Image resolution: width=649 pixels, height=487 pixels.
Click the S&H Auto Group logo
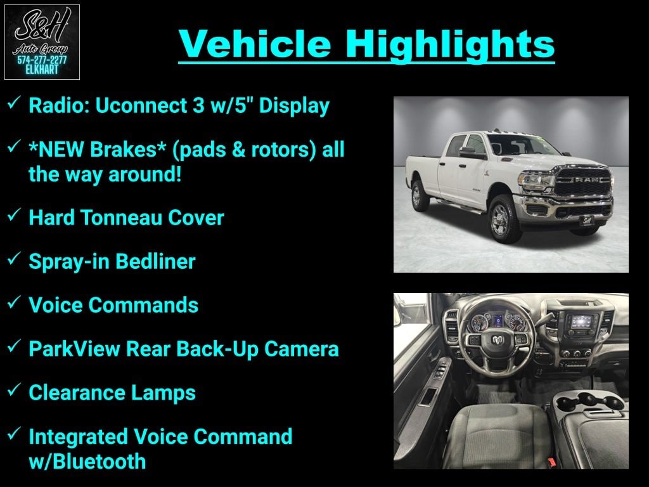[x=42, y=42]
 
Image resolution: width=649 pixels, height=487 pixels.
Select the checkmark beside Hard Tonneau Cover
[x=15, y=216]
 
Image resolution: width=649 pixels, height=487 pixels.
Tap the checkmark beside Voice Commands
[x=15, y=303]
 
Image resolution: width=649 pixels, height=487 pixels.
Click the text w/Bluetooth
[x=87, y=461]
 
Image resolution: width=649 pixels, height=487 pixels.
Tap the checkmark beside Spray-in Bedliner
[x=15, y=259]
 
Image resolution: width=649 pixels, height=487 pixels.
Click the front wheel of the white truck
[x=501, y=219]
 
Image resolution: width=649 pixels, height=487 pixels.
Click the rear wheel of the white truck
[x=419, y=196]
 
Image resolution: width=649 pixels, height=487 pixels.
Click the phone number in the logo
[x=42, y=60]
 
